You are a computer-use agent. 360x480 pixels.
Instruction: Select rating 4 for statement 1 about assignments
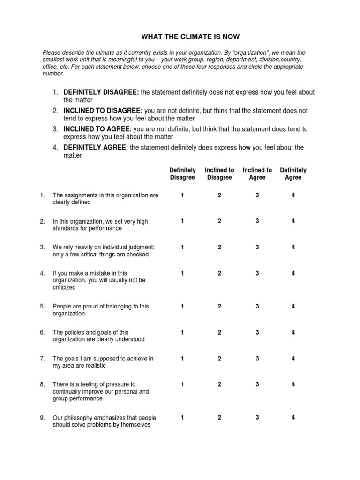[x=293, y=195]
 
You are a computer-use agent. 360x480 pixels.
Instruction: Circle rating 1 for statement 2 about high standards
[x=182, y=221]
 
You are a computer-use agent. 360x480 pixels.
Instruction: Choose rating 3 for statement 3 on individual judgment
[x=257, y=247]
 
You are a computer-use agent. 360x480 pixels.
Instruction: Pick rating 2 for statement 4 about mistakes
[x=219, y=273]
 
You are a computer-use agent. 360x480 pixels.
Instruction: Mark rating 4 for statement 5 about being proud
[x=293, y=306]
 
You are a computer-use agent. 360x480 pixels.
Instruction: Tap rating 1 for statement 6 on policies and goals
[x=182, y=332]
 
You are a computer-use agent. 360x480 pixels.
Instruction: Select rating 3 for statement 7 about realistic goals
[x=257, y=359]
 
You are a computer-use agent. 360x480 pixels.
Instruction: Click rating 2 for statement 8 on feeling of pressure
[x=219, y=384]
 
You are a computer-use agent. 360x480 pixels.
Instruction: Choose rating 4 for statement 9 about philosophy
[x=293, y=417]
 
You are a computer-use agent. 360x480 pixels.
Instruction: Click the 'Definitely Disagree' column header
[x=182, y=174]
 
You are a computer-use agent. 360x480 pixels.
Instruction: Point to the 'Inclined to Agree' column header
[x=257, y=174]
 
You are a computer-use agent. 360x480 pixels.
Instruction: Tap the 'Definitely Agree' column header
[x=293, y=174]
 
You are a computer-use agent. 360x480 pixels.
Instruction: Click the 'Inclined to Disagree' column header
[x=219, y=174]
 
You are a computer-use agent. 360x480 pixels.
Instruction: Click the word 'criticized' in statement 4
[x=65, y=287]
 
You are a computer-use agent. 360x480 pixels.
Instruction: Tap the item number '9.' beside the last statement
[x=43, y=418]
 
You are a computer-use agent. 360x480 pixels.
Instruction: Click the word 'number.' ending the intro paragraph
[x=53, y=74]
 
